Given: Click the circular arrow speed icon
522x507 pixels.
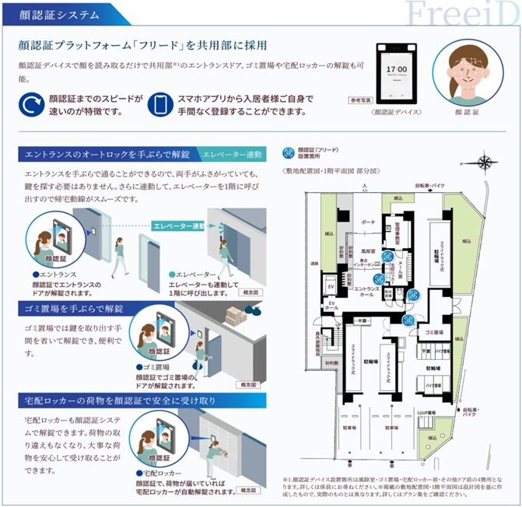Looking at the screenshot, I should coord(31,104).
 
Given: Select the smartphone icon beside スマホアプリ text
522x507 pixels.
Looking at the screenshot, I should coord(159,104).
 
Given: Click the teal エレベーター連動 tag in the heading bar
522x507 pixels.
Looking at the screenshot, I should coord(233,153).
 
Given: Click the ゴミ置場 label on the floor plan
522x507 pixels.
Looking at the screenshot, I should coord(433,333).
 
